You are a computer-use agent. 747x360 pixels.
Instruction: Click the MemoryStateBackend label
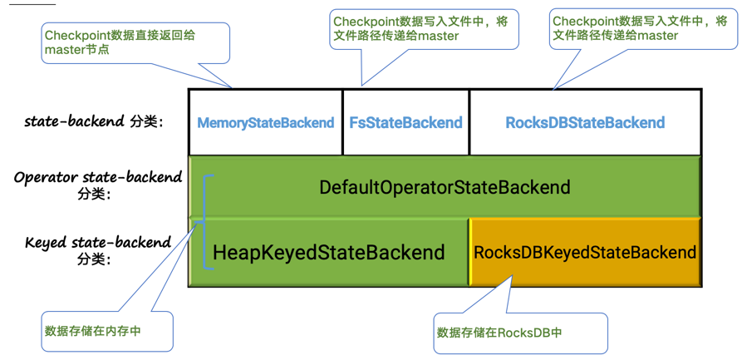(x=265, y=123)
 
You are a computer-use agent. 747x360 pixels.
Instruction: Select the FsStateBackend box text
(x=405, y=123)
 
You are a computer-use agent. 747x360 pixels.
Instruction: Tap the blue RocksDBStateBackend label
(x=585, y=123)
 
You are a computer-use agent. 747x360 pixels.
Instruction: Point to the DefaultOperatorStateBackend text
(x=445, y=187)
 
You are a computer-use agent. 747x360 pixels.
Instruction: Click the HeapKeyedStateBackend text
(x=328, y=252)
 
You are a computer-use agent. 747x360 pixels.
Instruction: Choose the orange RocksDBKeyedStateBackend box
(x=585, y=252)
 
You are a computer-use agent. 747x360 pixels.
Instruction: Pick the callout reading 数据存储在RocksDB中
(x=519, y=333)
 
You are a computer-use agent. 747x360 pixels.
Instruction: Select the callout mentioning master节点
(x=135, y=42)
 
